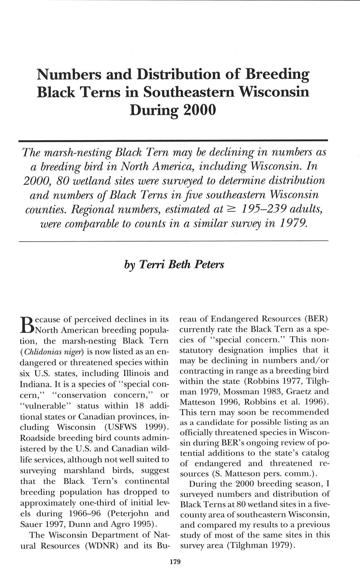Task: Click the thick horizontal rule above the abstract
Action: click(173, 141)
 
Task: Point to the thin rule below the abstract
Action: click(173, 240)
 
